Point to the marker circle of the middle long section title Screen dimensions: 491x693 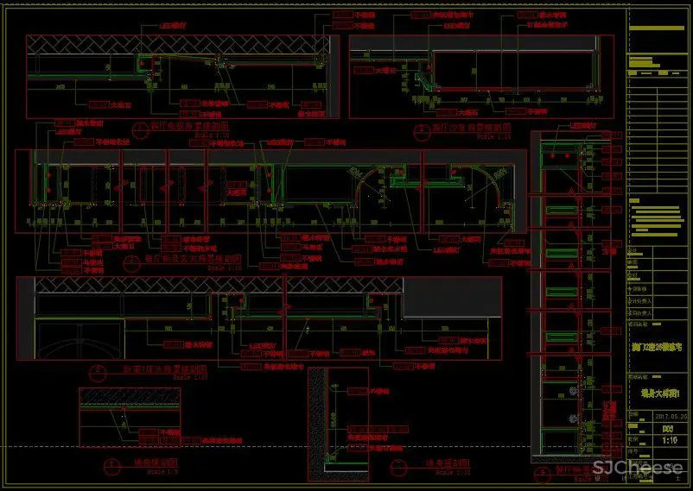click(x=130, y=259)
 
